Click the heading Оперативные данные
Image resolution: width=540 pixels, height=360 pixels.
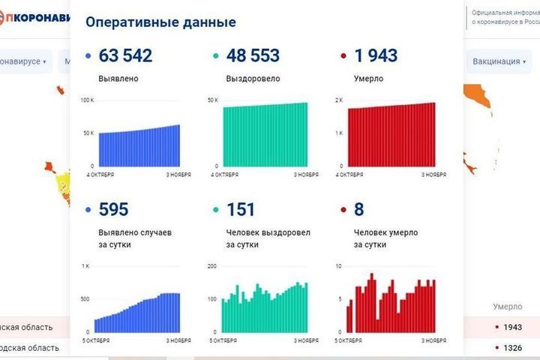(160, 22)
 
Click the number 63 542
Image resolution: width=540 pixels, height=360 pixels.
(125, 55)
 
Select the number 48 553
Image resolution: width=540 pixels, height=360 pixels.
(253, 55)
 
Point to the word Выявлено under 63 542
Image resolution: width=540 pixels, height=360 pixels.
(118, 78)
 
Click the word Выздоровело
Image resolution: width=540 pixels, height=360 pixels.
(250, 78)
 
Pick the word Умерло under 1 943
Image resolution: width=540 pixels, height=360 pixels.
(369, 78)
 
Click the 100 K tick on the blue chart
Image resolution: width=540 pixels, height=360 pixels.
(87, 100)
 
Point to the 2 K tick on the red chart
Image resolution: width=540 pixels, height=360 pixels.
(338, 100)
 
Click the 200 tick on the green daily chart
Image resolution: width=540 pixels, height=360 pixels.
(211, 267)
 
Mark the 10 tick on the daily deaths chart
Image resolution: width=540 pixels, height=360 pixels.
(339, 267)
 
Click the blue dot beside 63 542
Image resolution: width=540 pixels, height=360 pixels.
(89, 56)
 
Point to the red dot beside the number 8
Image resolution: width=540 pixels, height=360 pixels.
(343, 210)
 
